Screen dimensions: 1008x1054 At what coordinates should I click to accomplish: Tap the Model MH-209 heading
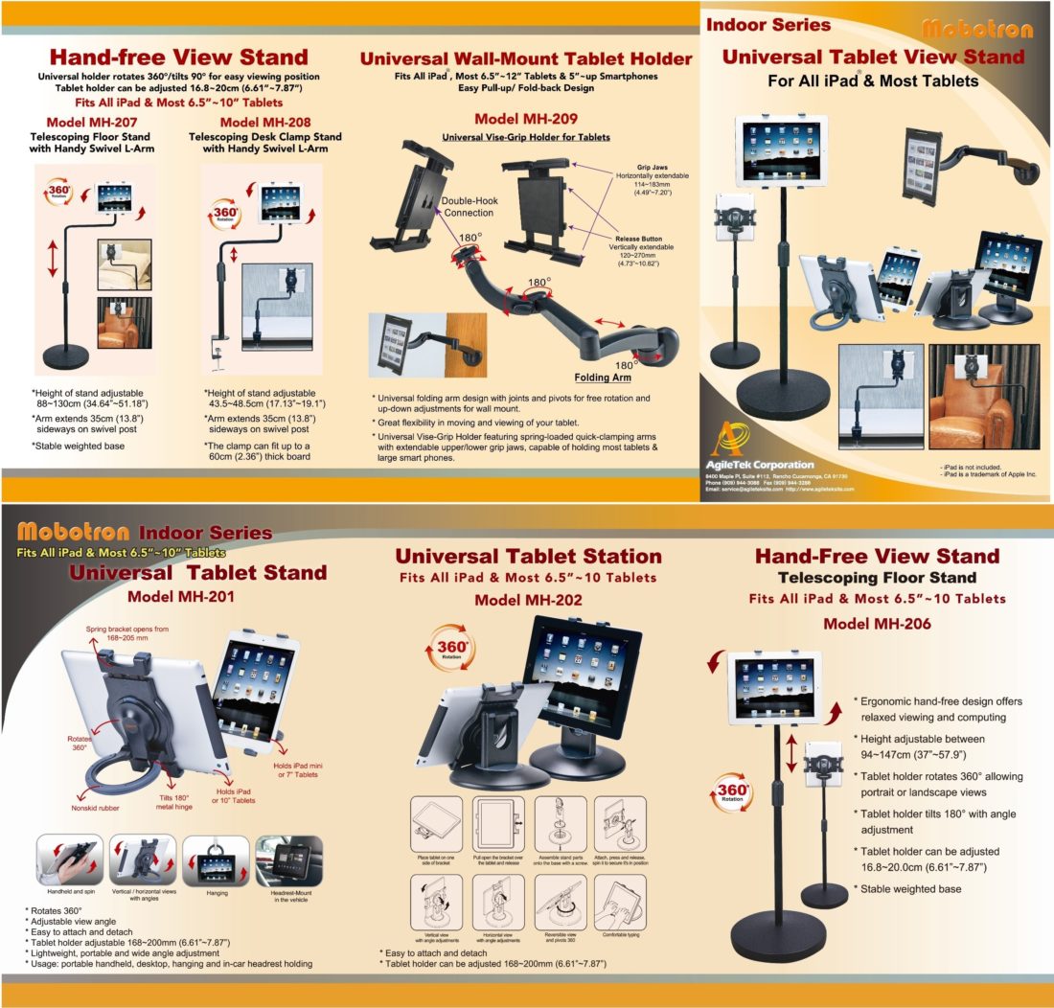click(525, 120)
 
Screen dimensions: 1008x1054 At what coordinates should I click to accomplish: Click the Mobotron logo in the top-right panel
click(977, 29)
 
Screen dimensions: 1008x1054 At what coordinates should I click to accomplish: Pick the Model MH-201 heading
click(182, 597)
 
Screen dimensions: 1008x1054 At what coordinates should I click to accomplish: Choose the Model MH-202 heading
click(528, 600)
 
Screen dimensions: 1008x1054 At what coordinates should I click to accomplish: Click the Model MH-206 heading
click(878, 623)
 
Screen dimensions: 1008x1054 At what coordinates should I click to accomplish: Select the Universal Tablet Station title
click(528, 556)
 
